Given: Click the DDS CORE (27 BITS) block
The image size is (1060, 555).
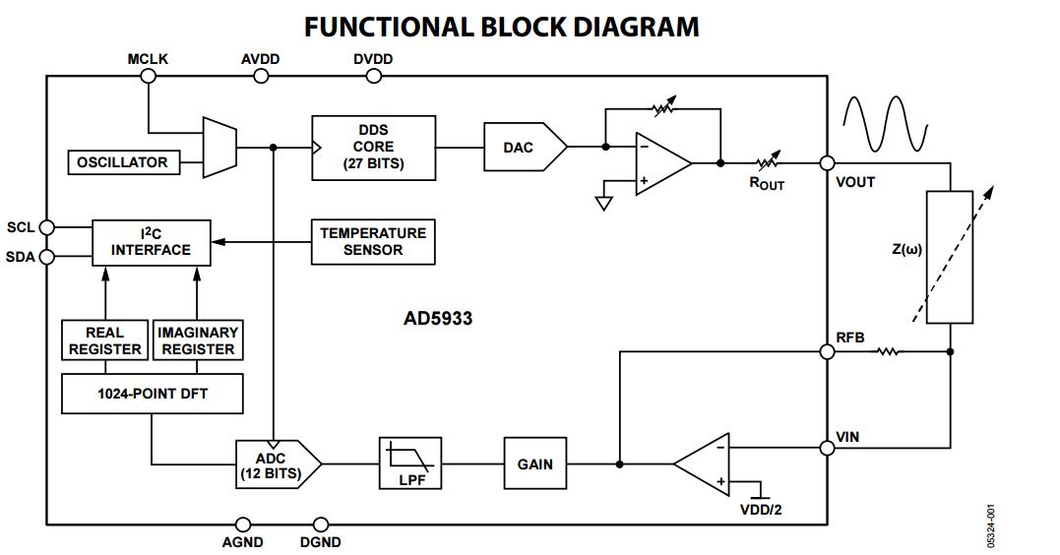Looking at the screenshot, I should pyautogui.click(x=373, y=148).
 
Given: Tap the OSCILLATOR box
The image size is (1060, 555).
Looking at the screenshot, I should pyautogui.click(x=124, y=162).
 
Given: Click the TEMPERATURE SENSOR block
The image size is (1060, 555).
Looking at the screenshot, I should pyautogui.click(x=373, y=242).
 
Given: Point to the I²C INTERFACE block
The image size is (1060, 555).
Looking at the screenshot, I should pyautogui.click(x=151, y=242).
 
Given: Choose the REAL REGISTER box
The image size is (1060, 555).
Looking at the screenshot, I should pyautogui.click(x=104, y=340).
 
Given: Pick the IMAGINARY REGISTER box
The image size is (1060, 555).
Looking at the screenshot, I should pyautogui.click(x=198, y=340).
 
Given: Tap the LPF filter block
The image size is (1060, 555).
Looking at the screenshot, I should pyautogui.click(x=410, y=464).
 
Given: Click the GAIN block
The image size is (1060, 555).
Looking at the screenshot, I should pyautogui.click(x=534, y=464).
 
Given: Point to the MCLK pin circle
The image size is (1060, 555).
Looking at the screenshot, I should pyautogui.click(x=148, y=75).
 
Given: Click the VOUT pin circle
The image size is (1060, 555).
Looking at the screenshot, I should pyautogui.click(x=828, y=164).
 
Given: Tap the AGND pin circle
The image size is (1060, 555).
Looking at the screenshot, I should pyautogui.click(x=242, y=524).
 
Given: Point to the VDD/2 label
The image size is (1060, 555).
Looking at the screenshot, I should pyautogui.click(x=760, y=510).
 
